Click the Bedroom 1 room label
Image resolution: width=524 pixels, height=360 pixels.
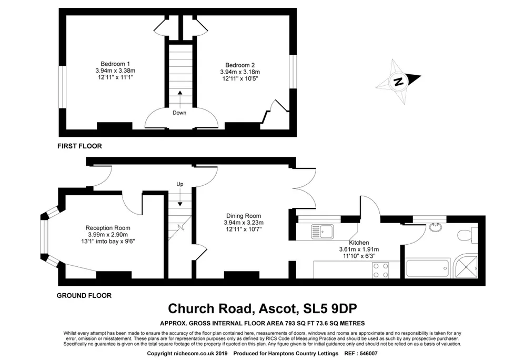(x=115, y=64)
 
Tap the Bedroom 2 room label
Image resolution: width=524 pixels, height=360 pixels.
(x=240, y=65)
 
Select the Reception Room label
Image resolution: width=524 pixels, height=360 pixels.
(x=108, y=228)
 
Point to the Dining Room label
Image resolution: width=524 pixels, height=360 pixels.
(x=244, y=216)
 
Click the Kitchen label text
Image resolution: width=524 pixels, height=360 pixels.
(x=359, y=243)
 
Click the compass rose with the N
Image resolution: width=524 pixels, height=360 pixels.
(x=398, y=82)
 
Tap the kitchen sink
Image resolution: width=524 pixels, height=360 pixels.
(x=323, y=231)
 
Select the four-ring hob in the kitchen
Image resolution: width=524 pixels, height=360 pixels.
(x=380, y=270)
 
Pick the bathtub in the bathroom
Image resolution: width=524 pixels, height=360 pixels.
(x=427, y=268)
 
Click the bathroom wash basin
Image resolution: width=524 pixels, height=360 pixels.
(x=436, y=228)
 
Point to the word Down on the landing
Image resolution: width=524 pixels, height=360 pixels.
(x=179, y=113)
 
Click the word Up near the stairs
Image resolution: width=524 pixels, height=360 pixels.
(x=180, y=184)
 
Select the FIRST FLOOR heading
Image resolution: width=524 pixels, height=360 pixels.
(x=79, y=146)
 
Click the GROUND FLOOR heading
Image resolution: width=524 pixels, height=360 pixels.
(x=84, y=295)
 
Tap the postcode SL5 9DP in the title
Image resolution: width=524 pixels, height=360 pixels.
(x=330, y=308)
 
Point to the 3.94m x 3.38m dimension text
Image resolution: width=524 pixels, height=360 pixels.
(x=115, y=71)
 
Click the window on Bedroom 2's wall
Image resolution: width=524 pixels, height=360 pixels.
(x=293, y=72)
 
